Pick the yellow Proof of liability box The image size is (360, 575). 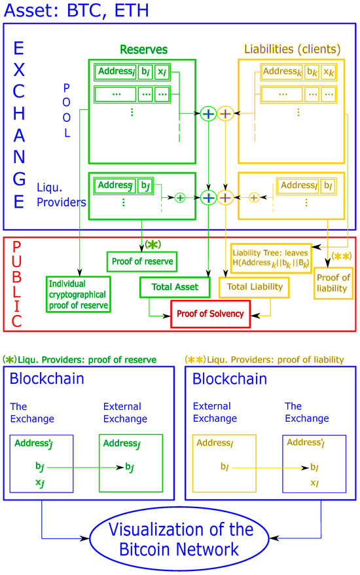click(x=333, y=283)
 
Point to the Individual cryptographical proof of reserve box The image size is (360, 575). click(x=77, y=293)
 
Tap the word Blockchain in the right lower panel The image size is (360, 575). click(x=230, y=379)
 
